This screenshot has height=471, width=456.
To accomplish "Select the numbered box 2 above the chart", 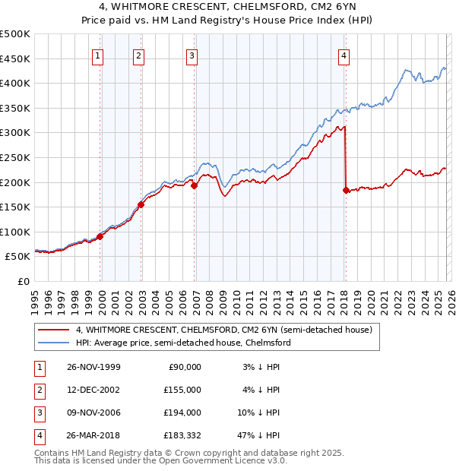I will pyautogui.click(x=138, y=55).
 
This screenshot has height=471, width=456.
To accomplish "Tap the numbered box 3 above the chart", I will pyautogui.click(x=192, y=55).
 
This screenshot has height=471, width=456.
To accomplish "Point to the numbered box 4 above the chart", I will pyautogui.click(x=344, y=55).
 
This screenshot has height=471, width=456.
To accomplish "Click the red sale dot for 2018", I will pyautogui.click(x=347, y=191).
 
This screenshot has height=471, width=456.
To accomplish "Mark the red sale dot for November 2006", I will pyautogui.click(x=194, y=185).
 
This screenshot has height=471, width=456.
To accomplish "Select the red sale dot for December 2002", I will pyautogui.click(x=141, y=204).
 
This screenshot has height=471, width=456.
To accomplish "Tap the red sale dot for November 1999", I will pyautogui.click(x=100, y=236).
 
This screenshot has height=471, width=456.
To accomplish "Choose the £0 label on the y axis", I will pyautogui.click(x=23, y=281).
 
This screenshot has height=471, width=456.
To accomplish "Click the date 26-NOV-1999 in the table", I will pyautogui.click(x=93, y=367).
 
